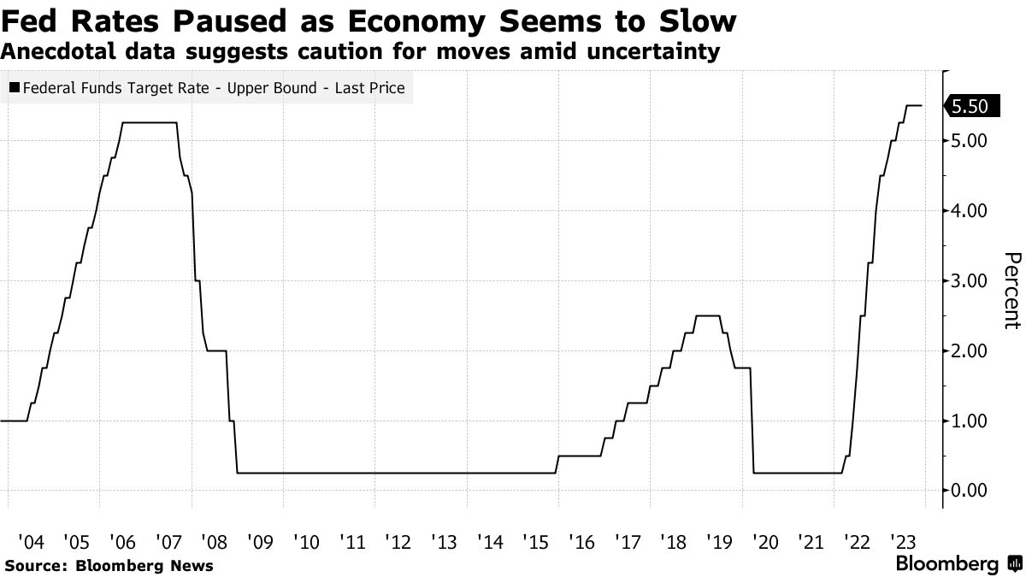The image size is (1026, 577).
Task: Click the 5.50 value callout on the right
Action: point(969,106)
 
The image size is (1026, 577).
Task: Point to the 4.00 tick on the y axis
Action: point(969,211)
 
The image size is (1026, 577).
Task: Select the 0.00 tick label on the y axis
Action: point(969,491)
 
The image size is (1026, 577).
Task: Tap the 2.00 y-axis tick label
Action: point(969,351)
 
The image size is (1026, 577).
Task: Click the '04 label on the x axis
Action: point(30,542)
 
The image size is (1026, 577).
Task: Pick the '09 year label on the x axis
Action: point(259,542)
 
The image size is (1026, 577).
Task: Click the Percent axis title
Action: point(1011,291)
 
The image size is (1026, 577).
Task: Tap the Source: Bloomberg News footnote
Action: point(109,566)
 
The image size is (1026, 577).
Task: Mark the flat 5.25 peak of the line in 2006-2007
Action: point(150,123)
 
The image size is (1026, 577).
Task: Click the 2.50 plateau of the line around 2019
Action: point(707,316)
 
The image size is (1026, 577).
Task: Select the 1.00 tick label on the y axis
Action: point(969,421)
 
